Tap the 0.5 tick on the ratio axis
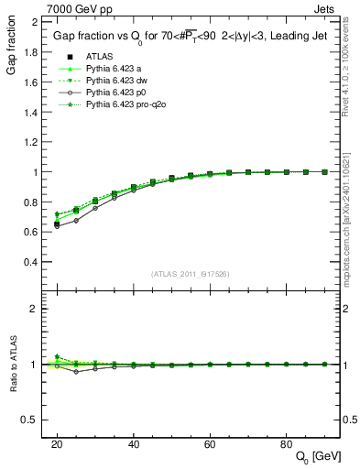[39, 420]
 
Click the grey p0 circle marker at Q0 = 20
[57, 225]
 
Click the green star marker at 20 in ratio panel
[57, 357]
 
